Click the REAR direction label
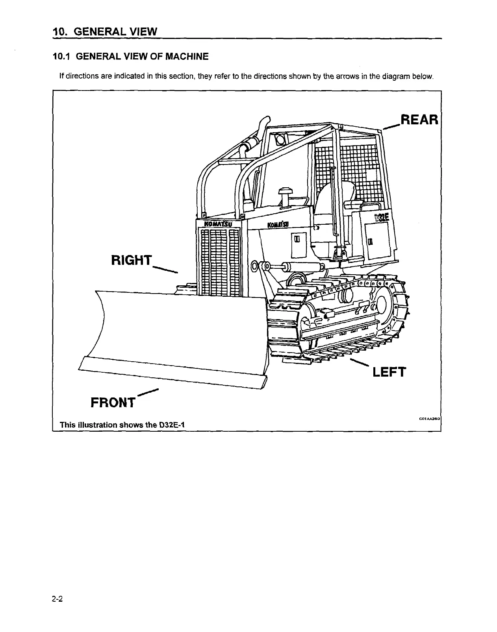tap(419, 120)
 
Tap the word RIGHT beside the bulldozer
tap(132, 260)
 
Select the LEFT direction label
tap(389, 372)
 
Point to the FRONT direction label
tap(113, 403)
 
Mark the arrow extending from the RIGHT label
tap(165, 269)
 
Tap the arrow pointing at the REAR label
tap(391, 126)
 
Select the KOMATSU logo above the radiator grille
tap(218, 224)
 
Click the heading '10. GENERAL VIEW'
tap(105, 31)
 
